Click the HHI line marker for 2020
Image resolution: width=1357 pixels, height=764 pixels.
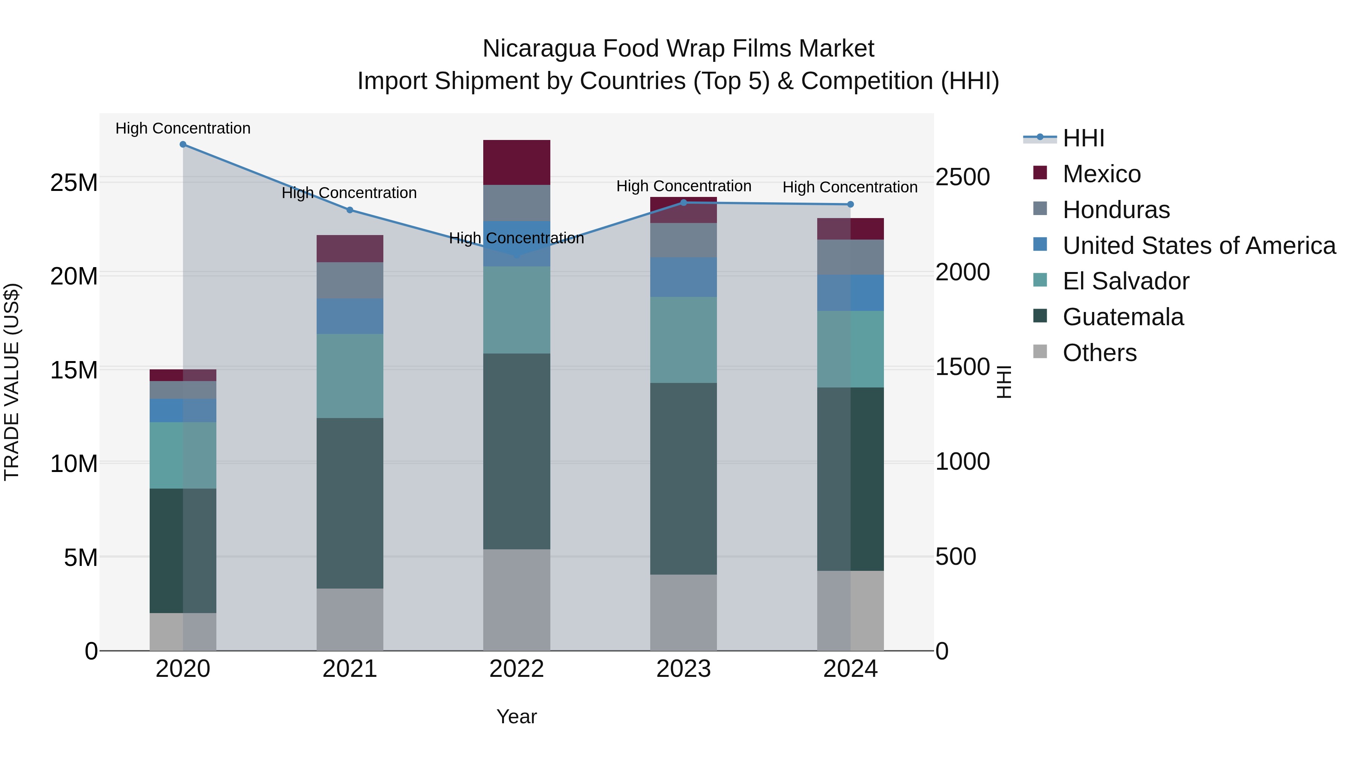[183, 144]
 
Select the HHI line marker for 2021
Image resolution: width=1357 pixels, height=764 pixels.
[350, 210]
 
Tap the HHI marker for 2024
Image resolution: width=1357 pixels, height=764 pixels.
[850, 204]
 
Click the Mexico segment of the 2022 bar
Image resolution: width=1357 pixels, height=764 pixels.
[516, 162]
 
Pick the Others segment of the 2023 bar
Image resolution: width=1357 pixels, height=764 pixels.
[683, 612]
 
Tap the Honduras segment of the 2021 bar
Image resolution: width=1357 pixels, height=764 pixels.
[350, 280]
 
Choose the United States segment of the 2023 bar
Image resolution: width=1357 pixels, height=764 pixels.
[683, 277]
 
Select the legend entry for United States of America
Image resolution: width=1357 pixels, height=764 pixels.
[1198, 246]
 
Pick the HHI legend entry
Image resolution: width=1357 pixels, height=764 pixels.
[1083, 138]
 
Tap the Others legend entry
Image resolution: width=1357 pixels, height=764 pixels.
[1100, 353]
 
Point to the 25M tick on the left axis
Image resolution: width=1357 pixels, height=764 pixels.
[74, 183]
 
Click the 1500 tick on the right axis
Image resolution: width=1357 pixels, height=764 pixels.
[962, 367]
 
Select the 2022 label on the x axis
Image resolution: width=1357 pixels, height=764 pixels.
[516, 669]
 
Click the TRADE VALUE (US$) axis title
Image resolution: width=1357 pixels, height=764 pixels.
[12, 382]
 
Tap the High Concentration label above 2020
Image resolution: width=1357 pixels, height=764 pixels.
[183, 128]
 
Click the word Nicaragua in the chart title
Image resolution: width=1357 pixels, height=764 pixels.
[538, 49]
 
